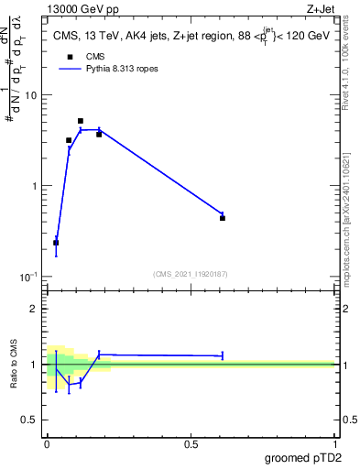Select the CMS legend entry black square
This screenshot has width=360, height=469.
click(69, 57)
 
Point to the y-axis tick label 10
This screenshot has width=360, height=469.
click(31, 95)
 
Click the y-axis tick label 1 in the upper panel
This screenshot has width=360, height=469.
click(35, 186)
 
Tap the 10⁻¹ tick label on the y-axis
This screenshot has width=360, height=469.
click(28, 277)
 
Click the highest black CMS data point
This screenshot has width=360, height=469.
click(81, 121)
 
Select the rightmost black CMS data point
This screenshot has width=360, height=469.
click(223, 218)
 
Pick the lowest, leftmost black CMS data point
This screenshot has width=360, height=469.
click(56, 243)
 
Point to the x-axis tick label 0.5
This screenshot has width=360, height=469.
click(191, 443)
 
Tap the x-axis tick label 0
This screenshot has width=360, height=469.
click(47, 443)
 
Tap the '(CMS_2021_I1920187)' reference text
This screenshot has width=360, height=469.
click(191, 273)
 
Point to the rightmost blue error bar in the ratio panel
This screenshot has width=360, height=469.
click(223, 355)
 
